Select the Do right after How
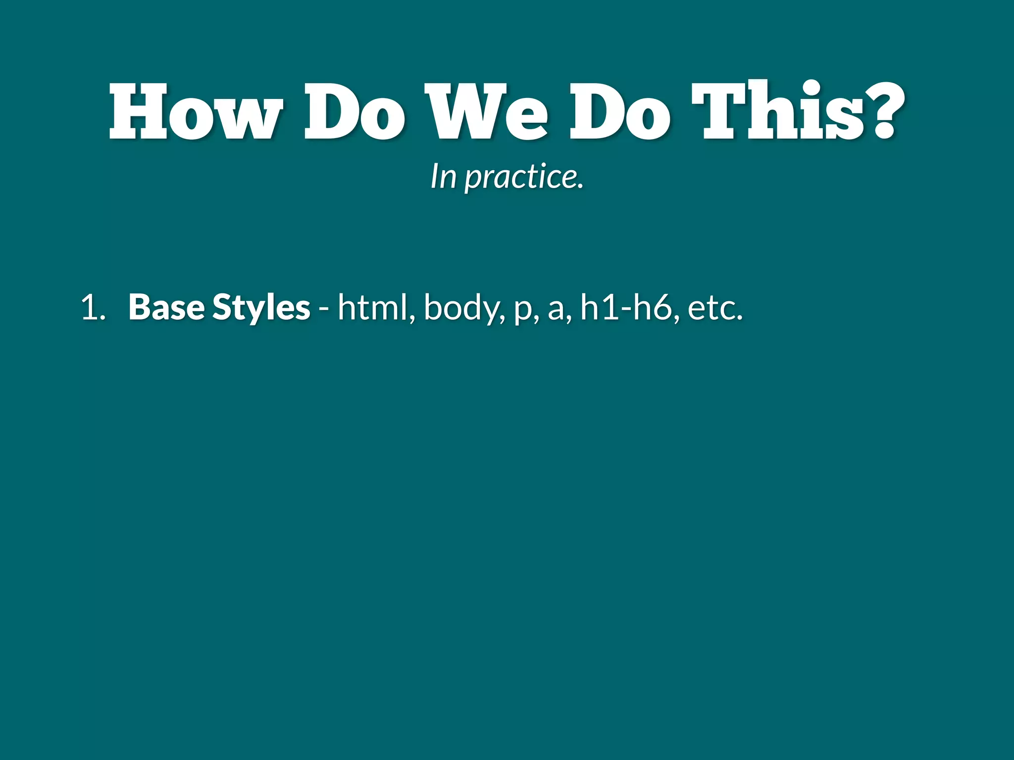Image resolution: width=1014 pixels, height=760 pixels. pyautogui.click(x=355, y=111)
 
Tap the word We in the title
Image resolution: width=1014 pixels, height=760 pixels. pyautogui.click(x=487, y=111)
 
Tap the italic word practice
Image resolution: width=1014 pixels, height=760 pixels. pyautogui.click(x=524, y=177)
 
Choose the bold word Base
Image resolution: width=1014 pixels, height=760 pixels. pyautogui.click(x=166, y=307)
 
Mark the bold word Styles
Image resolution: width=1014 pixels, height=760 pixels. pyautogui.click(x=261, y=308)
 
